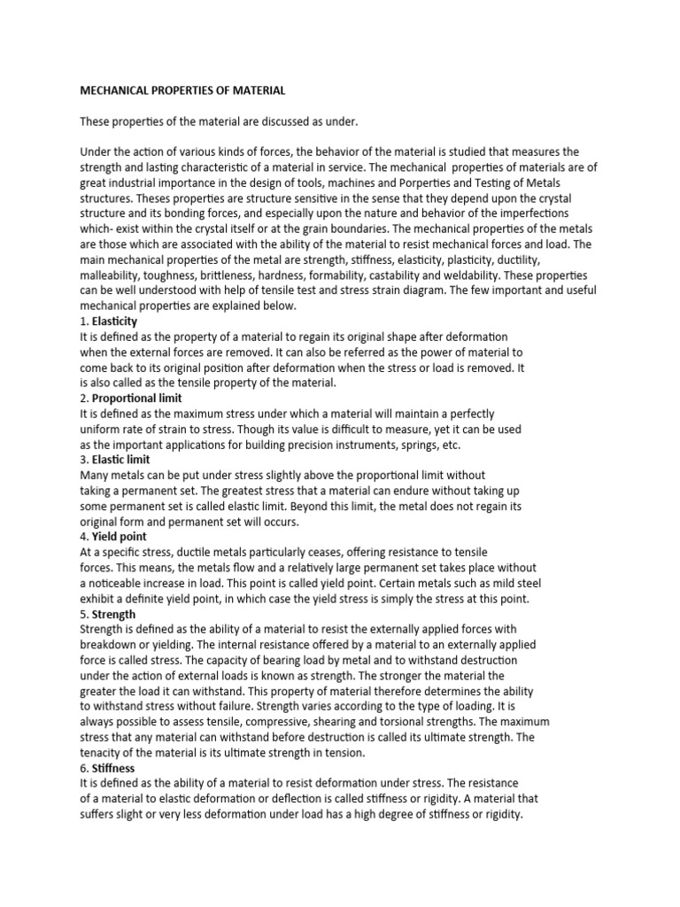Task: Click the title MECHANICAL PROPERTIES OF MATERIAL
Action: tap(183, 90)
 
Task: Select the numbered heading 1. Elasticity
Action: tap(109, 322)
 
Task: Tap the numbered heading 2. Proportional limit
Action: tap(131, 399)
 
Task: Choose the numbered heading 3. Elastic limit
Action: tap(115, 460)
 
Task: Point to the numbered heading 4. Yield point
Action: tap(113, 537)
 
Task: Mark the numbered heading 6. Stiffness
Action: tap(110, 767)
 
